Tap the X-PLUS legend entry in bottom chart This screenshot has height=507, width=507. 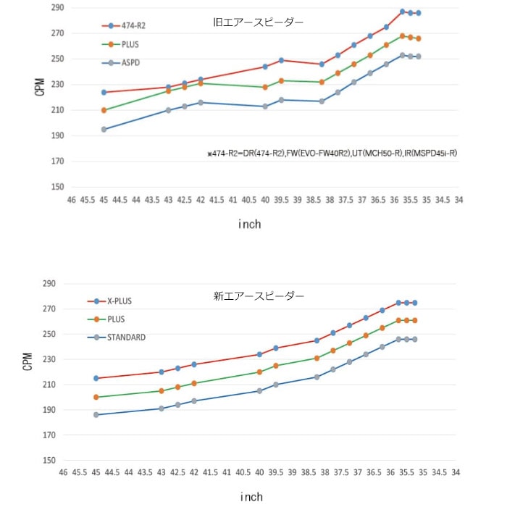[120, 301]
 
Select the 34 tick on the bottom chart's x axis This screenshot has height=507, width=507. [456, 472]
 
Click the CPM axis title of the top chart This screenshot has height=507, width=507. [40, 87]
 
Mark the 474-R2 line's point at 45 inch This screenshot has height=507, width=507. [104, 92]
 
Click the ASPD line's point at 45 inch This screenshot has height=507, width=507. [104, 130]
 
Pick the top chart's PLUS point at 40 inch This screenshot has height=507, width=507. [265, 87]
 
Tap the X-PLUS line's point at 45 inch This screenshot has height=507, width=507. [96, 378]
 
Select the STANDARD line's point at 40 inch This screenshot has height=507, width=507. [259, 391]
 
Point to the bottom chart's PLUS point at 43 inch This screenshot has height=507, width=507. [162, 391]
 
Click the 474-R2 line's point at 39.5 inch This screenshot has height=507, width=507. [281, 60]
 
